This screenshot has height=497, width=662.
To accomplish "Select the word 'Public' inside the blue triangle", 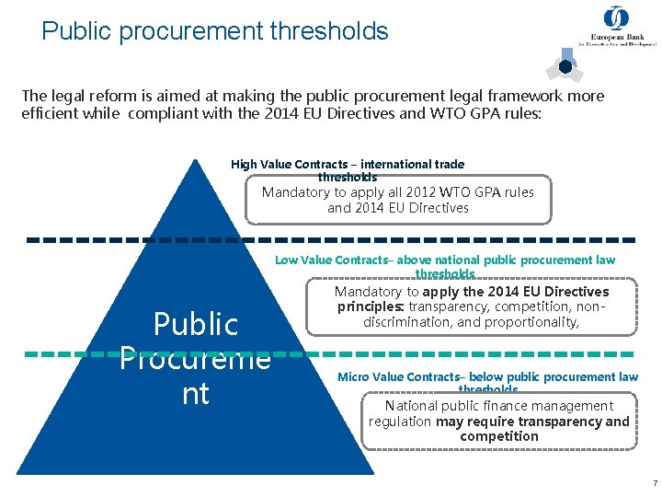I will tap(196, 324).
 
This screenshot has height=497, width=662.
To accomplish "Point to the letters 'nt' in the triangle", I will tap(196, 393).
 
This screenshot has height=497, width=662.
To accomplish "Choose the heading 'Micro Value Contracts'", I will tap(398, 376).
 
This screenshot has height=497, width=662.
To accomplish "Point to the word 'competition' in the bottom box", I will tap(499, 436).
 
